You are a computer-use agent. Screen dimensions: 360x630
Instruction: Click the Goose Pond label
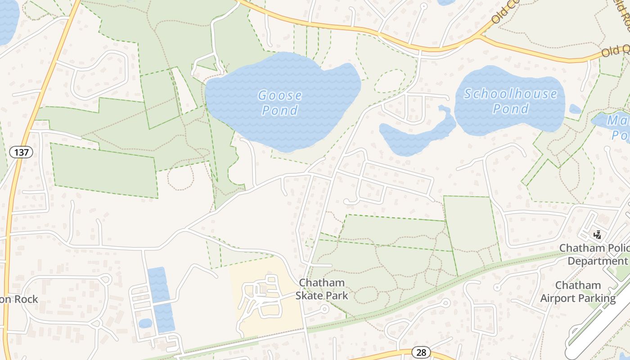click(279, 103)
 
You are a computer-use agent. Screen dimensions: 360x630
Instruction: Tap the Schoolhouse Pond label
click(510, 101)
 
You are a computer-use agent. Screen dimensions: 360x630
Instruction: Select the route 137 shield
click(21, 152)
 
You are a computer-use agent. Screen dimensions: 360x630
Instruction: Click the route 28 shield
click(421, 352)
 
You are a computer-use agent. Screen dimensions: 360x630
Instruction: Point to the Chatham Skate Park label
click(322, 289)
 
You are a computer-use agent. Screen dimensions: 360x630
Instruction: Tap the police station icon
click(598, 234)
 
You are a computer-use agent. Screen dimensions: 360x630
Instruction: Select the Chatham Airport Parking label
click(578, 292)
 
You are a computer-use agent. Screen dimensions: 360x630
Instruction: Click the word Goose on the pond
click(279, 95)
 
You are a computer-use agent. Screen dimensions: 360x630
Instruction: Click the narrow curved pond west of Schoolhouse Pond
click(416, 135)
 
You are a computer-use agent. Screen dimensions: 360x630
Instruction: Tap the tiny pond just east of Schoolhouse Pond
click(575, 109)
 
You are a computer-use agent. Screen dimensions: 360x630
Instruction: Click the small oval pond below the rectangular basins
click(145, 323)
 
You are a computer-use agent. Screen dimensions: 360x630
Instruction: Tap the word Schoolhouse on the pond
click(510, 94)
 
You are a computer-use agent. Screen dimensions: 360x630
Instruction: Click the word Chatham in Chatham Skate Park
click(322, 283)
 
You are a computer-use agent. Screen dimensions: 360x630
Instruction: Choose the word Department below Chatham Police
click(597, 261)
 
